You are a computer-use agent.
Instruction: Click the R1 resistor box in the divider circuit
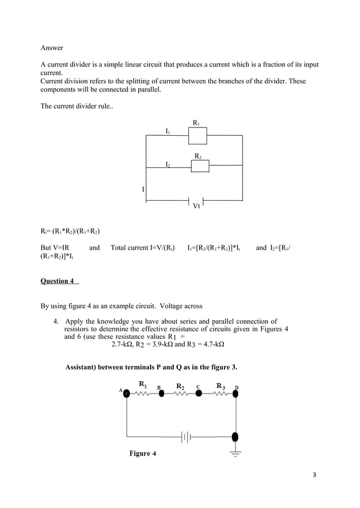(x=197, y=136)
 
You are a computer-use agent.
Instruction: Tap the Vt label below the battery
(x=196, y=206)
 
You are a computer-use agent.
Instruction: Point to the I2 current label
(x=167, y=165)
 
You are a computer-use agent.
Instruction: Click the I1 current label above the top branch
(x=167, y=131)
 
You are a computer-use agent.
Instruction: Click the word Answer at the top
(x=51, y=48)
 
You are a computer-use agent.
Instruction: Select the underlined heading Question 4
(x=58, y=281)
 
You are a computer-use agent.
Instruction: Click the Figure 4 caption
(x=143, y=454)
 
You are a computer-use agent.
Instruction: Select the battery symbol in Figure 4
(x=187, y=436)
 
